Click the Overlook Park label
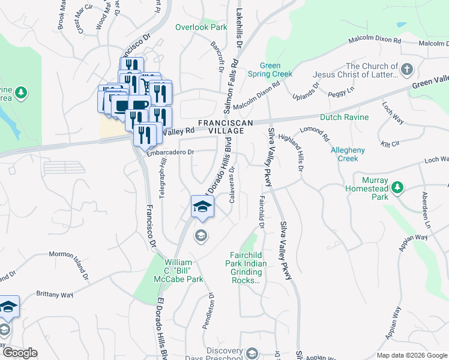[201, 27]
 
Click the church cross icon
[407, 69]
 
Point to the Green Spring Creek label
[276, 70]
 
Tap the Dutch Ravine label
[344, 117]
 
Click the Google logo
[20, 353]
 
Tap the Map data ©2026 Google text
[411, 355]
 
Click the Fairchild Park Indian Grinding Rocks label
[244, 268]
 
